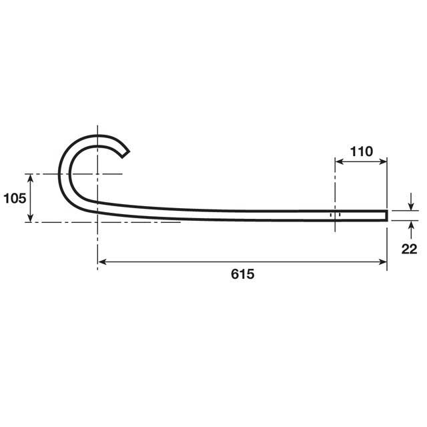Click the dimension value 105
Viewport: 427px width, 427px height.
coord(14,197)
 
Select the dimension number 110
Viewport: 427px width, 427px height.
coord(361,151)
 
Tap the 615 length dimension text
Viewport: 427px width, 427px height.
coord(243,274)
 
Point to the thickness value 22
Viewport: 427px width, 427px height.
coord(410,249)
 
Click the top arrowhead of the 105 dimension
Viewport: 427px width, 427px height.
coord(30,177)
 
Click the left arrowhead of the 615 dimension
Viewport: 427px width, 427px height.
coord(102,262)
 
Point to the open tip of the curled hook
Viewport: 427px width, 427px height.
coord(125,153)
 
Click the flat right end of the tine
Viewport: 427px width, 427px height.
coord(386,215)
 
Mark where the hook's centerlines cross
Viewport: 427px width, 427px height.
coord(97,174)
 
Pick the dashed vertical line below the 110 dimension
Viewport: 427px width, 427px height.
coord(334,193)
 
